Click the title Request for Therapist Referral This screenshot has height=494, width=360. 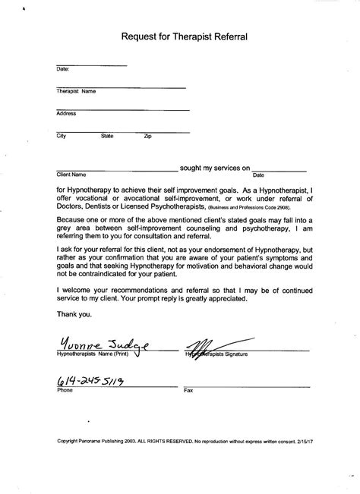click(x=179, y=36)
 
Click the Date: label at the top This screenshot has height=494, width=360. click(x=63, y=69)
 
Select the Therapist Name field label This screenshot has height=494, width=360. click(x=76, y=92)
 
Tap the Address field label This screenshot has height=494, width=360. click(x=66, y=114)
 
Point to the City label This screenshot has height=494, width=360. click(x=62, y=137)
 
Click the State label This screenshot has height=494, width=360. click(x=107, y=137)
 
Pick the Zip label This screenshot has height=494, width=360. click(x=147, y=137)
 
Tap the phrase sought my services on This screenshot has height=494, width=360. click(x=214, y=168)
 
